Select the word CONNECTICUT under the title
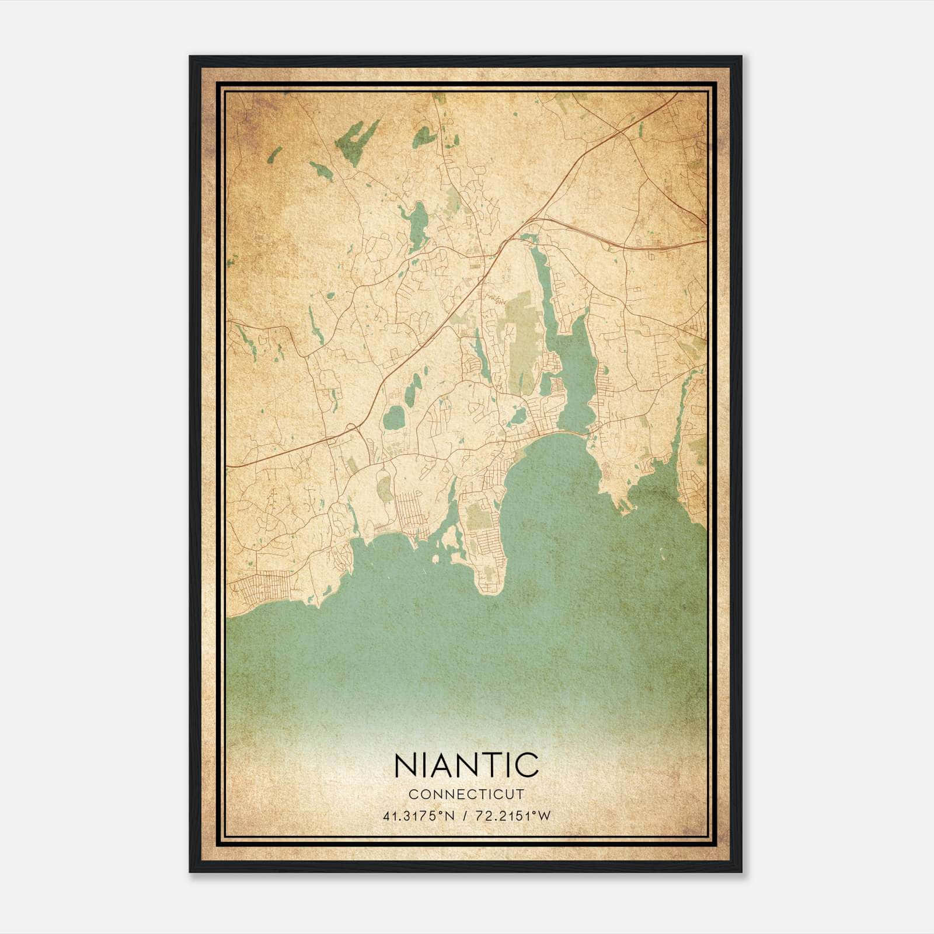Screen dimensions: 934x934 466,794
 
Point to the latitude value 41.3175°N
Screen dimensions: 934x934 418,815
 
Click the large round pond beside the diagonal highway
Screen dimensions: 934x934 393,418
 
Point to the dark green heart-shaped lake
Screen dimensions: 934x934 424,138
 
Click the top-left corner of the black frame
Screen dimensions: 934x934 190,57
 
